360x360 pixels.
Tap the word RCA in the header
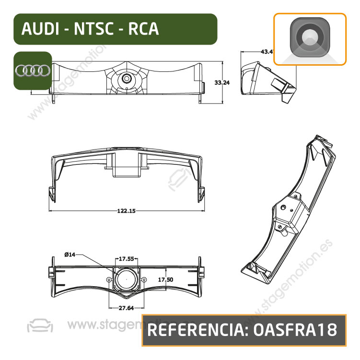coord(143,29)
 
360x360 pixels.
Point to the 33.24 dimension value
coord(221,82)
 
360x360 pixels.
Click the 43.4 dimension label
coord(266,51)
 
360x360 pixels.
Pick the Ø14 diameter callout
coord(70,255)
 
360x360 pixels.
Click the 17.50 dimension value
coord(165,279)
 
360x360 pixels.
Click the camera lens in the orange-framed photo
coord(310,38)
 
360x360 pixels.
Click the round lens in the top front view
coord(127,78)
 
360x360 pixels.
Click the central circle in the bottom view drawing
coord(126,279)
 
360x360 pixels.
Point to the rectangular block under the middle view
coord(127,171)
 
